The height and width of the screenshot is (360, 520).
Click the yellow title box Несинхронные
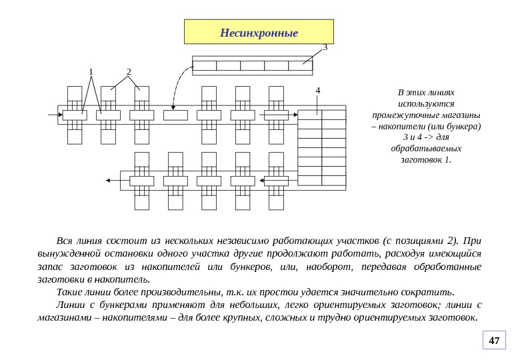[x=259, y=31]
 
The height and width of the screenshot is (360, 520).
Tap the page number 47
[x=494, y=341]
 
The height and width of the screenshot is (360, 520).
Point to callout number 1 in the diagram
[x=91, y=72]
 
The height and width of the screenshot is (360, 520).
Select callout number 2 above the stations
[x=129, y=72]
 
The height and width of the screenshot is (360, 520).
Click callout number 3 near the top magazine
[x=325, y=47]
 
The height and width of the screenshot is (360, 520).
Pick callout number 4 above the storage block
[x=318, y=90]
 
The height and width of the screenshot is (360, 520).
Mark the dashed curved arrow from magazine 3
[x=176, y=83]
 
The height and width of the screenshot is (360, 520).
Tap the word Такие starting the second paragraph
[x=69, y=292]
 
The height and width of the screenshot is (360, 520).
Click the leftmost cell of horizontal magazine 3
[x=204, y=65]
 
